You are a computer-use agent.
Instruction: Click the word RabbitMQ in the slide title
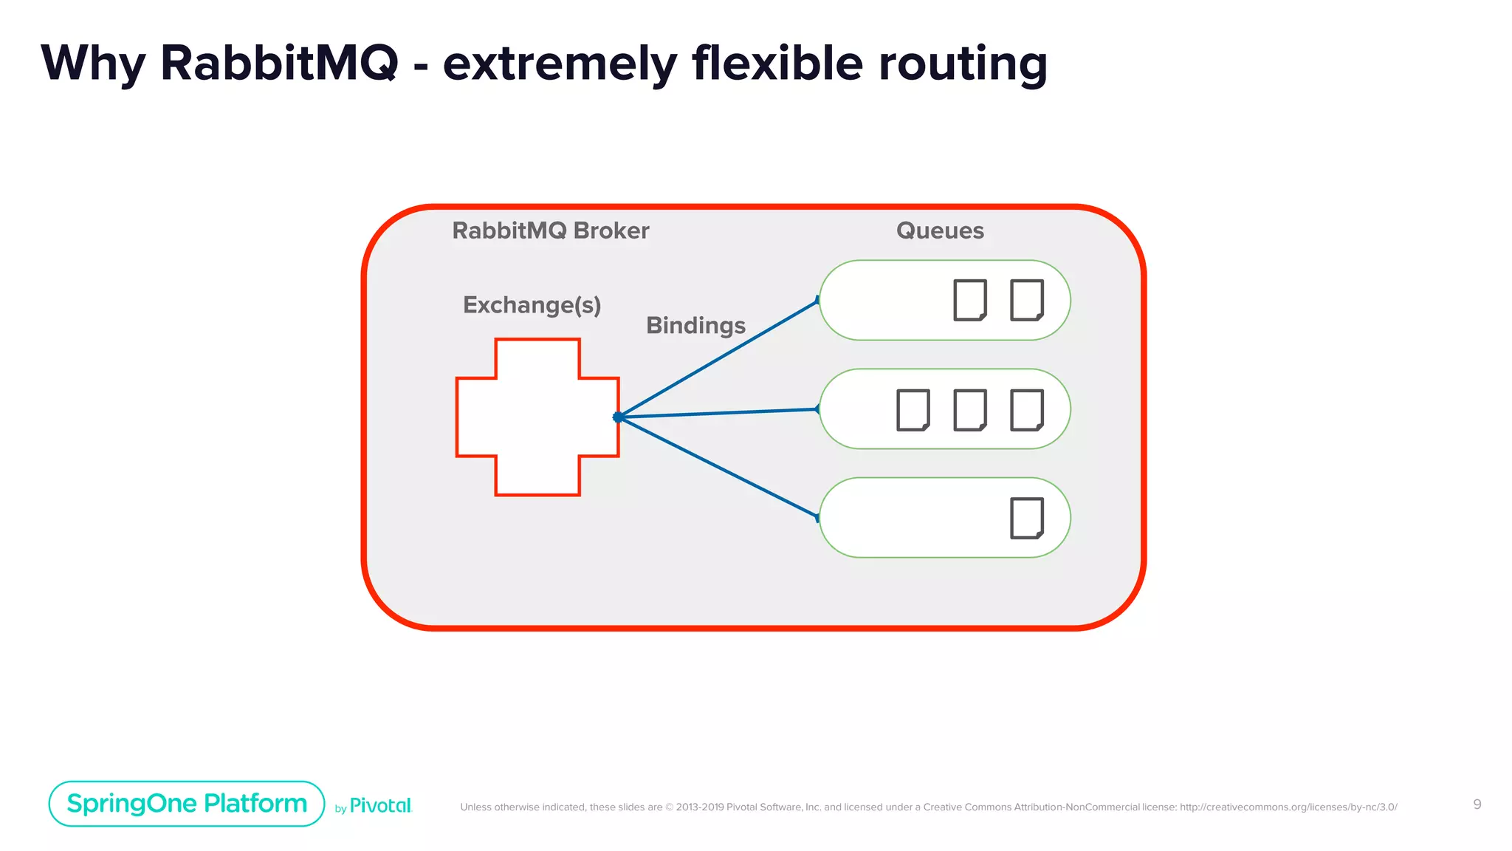point(279,64)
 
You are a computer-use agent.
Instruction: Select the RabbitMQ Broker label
point(550,230)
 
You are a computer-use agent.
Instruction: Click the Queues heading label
point(939,230)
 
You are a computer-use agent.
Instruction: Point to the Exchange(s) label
point(532,304)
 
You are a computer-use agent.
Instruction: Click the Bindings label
point(695,325)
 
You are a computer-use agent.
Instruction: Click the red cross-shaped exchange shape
point(537,417)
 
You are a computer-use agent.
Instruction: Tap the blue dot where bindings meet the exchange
point(618,417)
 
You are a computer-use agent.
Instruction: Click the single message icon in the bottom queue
point(1026,518)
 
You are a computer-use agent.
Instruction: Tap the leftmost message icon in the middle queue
point(913,409)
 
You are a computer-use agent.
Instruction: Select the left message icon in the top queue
point(969,300)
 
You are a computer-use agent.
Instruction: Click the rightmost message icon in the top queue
point(1026,300)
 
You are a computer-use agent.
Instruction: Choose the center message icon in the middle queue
point(969,409)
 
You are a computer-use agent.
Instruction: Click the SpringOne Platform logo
point(187,803)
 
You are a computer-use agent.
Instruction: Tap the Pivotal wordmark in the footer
point(379,806)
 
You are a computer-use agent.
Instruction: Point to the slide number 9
point(1477,804)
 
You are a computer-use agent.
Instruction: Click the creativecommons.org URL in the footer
point(1288,807)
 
